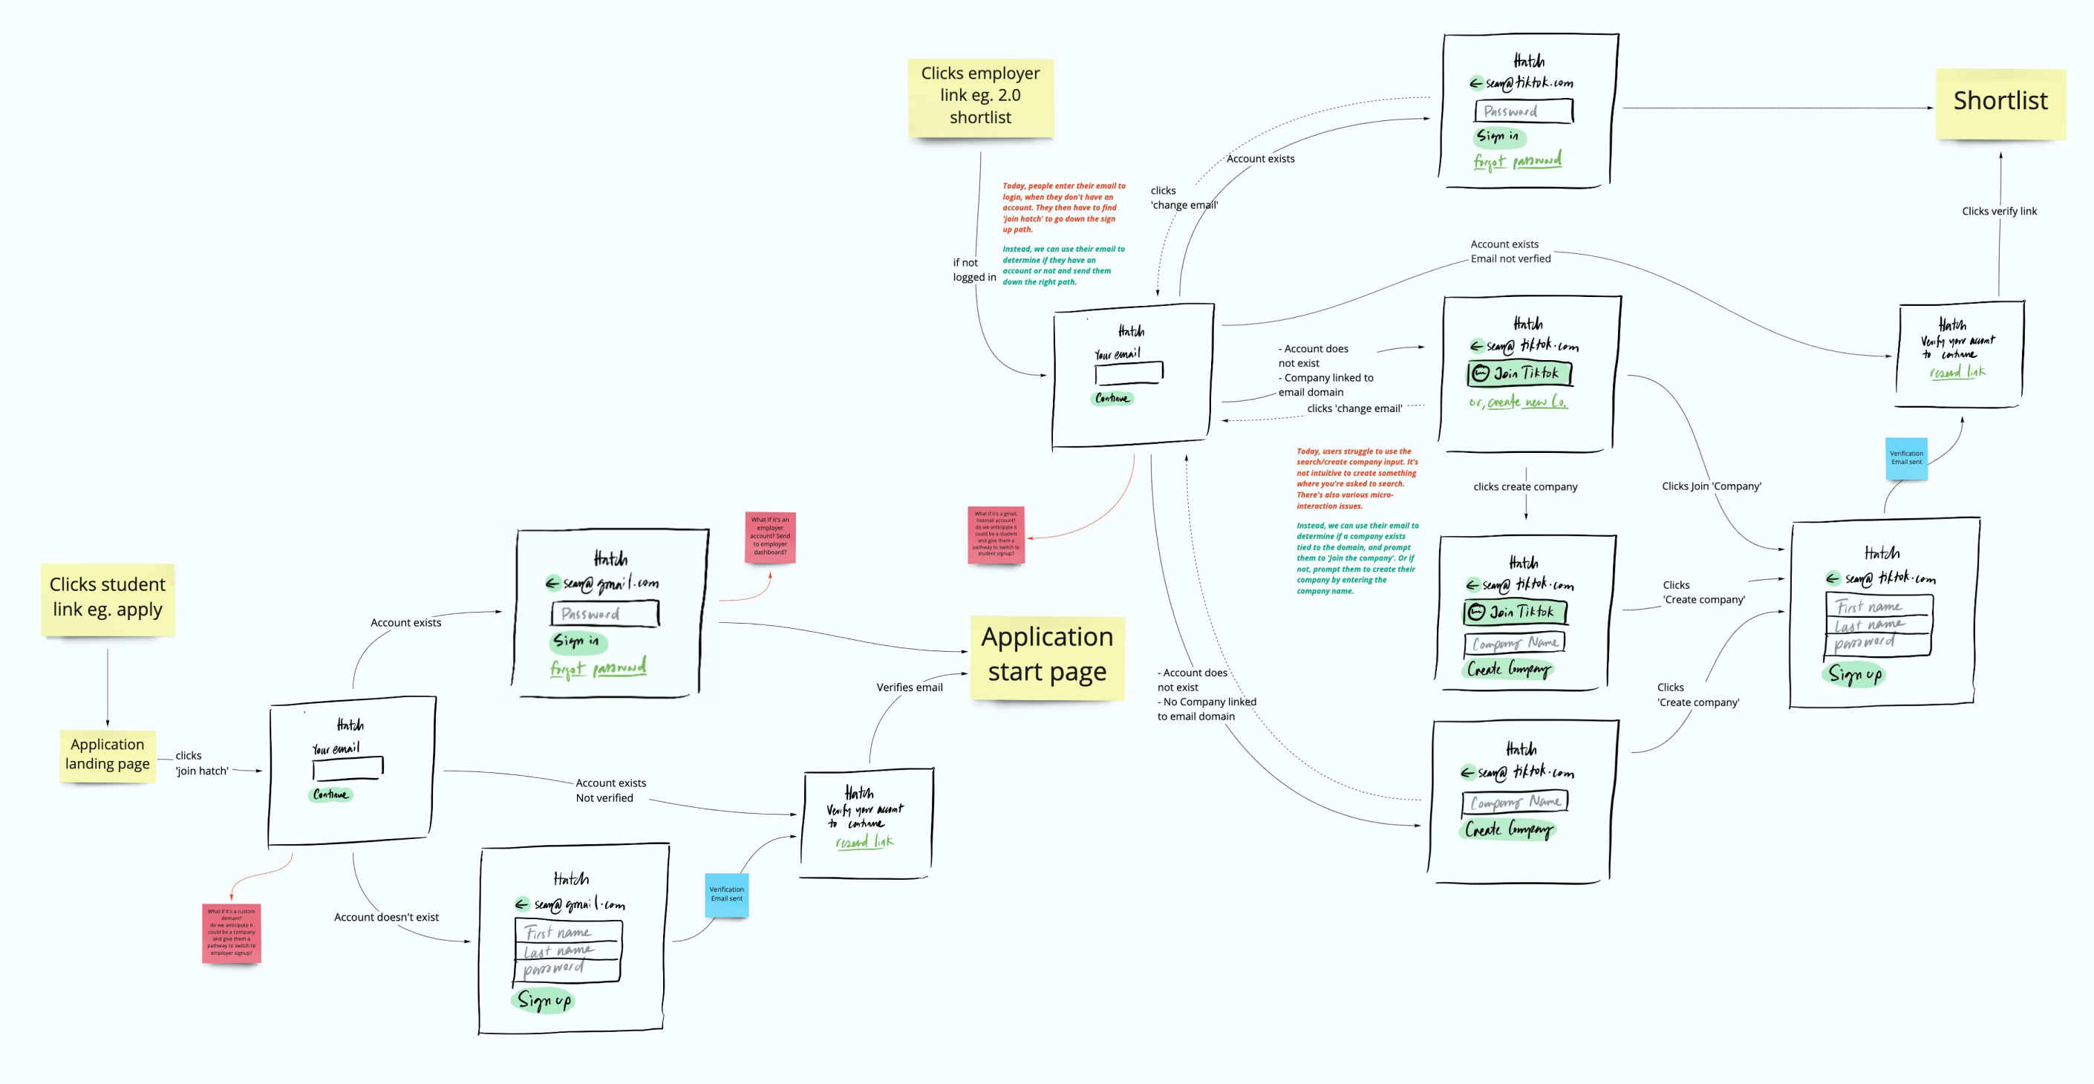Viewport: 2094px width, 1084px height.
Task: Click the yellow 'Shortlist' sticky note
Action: (x=2000, y=102)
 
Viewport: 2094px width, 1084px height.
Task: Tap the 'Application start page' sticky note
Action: (x=1047, y=655)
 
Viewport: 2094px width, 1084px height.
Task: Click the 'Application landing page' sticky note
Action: (x=108, y=754)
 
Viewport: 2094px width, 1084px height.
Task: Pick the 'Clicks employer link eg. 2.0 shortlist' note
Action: (x=980, y=96)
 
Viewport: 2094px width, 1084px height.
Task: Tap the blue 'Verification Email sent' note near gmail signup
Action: (x=726, y=894)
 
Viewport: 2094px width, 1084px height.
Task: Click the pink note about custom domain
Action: (x=231, y=932)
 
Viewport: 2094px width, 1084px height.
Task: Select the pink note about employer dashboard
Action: (x=770, y=536)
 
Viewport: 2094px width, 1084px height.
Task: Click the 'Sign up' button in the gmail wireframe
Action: (x=544, y=999)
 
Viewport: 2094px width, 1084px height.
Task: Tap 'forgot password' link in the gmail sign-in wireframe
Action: (x=598, y=669)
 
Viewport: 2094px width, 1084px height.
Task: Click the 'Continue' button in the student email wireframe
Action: (x=331, y=794)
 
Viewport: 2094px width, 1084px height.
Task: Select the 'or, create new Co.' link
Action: (x=1518, y=402)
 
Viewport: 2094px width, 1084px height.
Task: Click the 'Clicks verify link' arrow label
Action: (x=1999, y=212)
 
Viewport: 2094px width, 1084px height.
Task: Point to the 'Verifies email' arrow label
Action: (x=909, y=688)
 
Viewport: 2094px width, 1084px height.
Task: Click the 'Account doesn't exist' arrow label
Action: (x=386, y=918)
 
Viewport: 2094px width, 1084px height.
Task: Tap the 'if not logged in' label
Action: (x=973, y=270)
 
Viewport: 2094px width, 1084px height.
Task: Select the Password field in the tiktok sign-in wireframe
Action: (x=1524, y=111)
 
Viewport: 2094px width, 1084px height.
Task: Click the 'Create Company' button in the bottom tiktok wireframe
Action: (x=1509, y=829)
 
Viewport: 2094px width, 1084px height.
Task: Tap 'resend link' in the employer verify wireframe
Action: (x=1957, y=372)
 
